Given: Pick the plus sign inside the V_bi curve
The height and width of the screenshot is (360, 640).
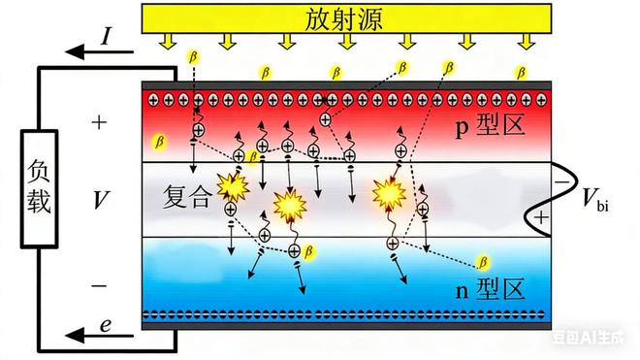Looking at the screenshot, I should [x=539, y=218].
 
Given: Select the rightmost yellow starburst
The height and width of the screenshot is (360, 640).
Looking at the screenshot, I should [x=390, y=192].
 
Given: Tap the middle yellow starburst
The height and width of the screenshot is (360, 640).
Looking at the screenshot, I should [x=290, y=205].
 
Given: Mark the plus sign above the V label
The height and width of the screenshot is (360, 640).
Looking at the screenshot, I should [x=97, y=123].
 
